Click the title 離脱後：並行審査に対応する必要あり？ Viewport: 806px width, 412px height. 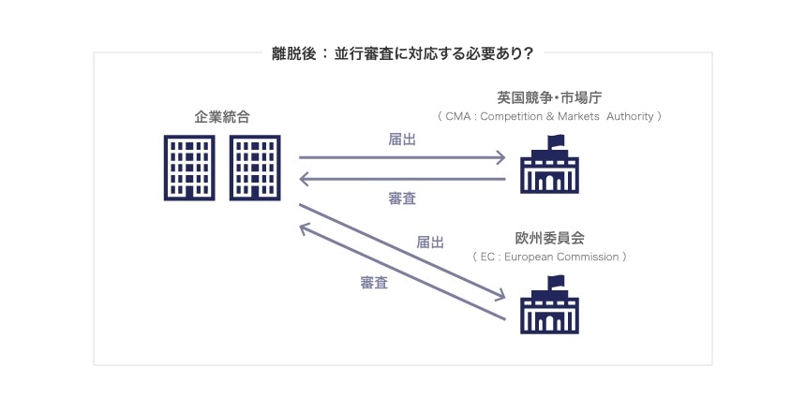tap(402, 53)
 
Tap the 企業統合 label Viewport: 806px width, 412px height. tap(222, 117)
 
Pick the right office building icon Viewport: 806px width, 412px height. tap(255, 167)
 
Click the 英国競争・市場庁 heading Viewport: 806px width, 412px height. tap(549, 97)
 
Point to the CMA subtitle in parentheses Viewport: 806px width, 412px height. tap(549, 117)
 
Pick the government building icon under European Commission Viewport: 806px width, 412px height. tap(551, 310)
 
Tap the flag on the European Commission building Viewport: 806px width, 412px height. tap(557, 281)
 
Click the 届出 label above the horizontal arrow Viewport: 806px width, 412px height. tap(402, 139)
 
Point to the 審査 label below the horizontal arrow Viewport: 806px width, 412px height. tap(402, 198)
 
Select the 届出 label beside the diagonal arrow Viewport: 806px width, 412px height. tap(430, 242)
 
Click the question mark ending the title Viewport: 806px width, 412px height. tap(529, 53)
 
